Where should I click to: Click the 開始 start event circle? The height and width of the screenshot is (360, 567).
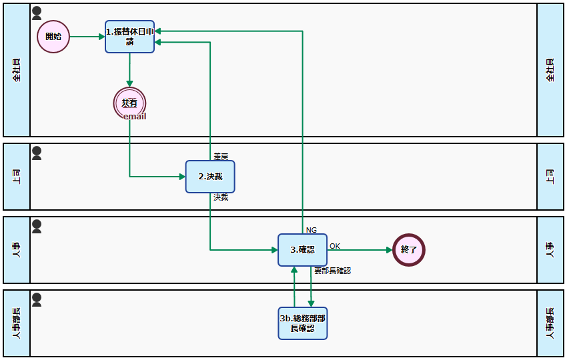[x=53, y=37]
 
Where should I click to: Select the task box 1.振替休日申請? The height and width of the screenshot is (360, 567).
[x=130, y=37]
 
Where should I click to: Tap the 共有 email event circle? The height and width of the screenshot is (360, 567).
[x=129, y=103]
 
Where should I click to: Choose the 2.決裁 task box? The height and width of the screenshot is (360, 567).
[x=210, y=177]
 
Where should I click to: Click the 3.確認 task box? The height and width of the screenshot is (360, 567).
[x=302, y=250]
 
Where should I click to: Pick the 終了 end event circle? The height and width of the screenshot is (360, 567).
[x=409, y=250]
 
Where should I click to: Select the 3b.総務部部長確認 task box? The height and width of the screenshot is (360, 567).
[x=302, y=323]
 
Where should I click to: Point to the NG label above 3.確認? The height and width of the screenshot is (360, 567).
[x=312, y=230]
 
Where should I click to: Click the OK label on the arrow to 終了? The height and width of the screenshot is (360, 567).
[x=335, y=246]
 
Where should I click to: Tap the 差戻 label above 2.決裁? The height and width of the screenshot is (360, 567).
[x=221, y=157]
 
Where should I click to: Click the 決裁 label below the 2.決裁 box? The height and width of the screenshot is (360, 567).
[x=221, y=197]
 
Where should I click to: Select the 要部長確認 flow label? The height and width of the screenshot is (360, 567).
[x=332, y=271]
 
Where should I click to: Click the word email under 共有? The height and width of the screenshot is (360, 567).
[x=135, y=117]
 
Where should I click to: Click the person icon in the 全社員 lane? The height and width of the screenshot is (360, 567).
[x=37, y=13]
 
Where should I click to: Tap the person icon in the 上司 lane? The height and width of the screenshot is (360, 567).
[x=37, y=153]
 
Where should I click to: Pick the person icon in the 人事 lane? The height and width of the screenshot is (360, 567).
[x=37, y=227]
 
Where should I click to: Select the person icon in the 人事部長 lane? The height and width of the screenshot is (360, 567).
[x=37, y=300]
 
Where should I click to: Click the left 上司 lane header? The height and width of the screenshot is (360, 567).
[x=17, y=177]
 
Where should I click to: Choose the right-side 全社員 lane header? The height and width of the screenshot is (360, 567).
[x=550, y=70]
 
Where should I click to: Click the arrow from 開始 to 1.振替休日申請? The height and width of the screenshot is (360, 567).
[x=87, y=37]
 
